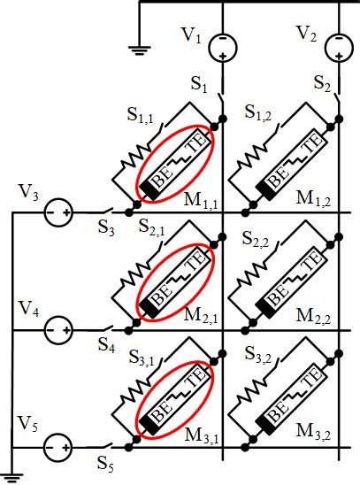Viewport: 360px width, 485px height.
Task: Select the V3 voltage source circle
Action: coord(59,213)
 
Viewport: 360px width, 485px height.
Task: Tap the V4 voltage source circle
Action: coord(59,330)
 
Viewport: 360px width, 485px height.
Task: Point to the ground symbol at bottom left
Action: coord(11,478)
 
